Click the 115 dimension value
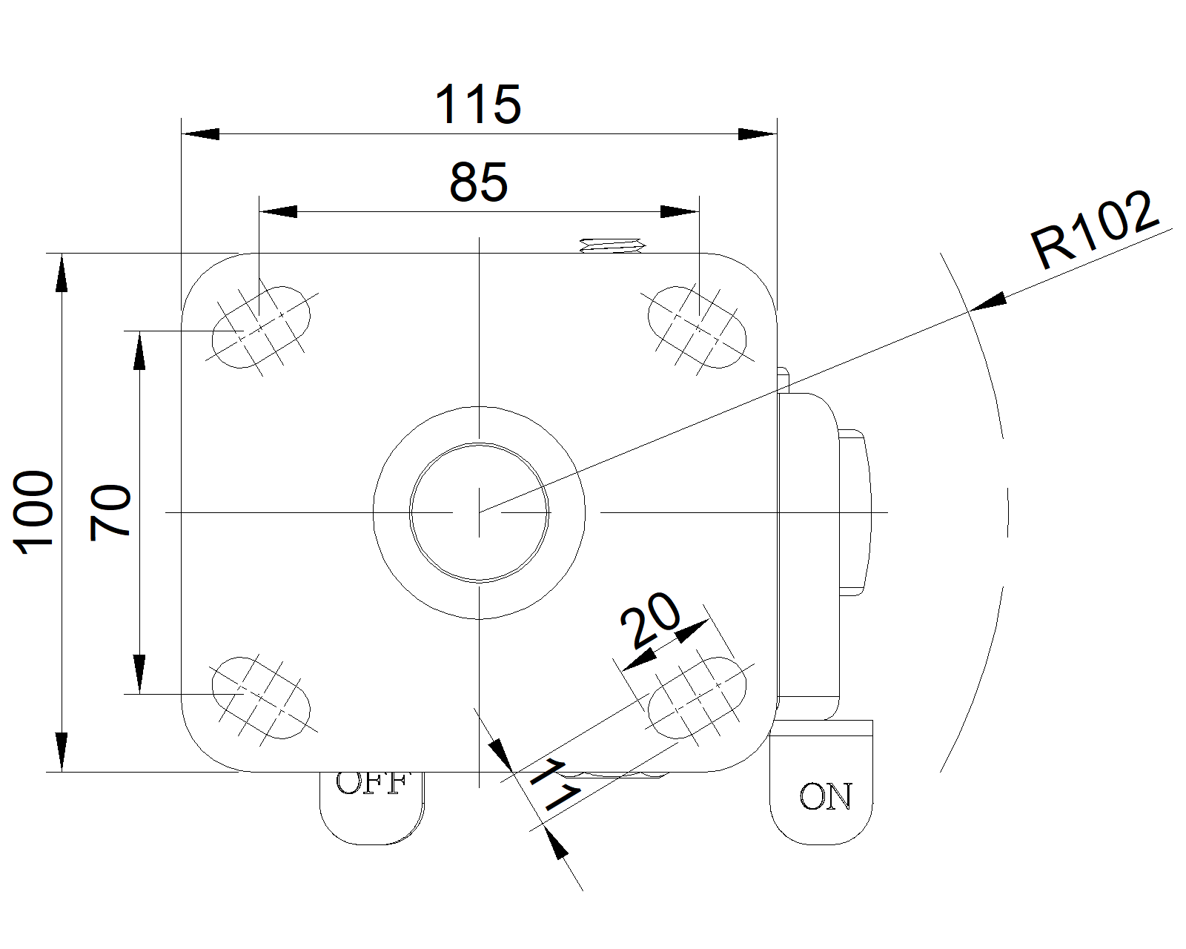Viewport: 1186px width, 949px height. (x=478, y=105)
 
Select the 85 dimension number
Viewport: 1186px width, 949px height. (x=479, y=182)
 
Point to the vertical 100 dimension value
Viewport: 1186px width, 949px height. (x=35, y=511)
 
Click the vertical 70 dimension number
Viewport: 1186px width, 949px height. (x=110, y=512)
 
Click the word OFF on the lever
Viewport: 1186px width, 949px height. (x=372, y=783)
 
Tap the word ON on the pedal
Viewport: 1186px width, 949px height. (x=826, y=797)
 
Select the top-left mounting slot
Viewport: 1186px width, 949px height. (x=261, y=326)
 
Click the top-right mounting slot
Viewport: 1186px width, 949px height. (x=698, y=326)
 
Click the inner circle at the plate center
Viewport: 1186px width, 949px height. (x=480, y=512)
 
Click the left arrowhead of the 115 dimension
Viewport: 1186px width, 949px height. (x=201, y=134)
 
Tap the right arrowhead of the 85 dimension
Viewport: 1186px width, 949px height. (x=679, y=212)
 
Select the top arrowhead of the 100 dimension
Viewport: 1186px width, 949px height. (x=62, y=272)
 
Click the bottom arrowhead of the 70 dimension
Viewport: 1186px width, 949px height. (x=139, y=674)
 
